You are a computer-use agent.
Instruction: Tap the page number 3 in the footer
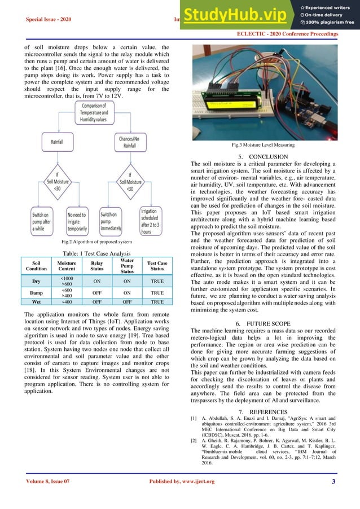334,498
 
